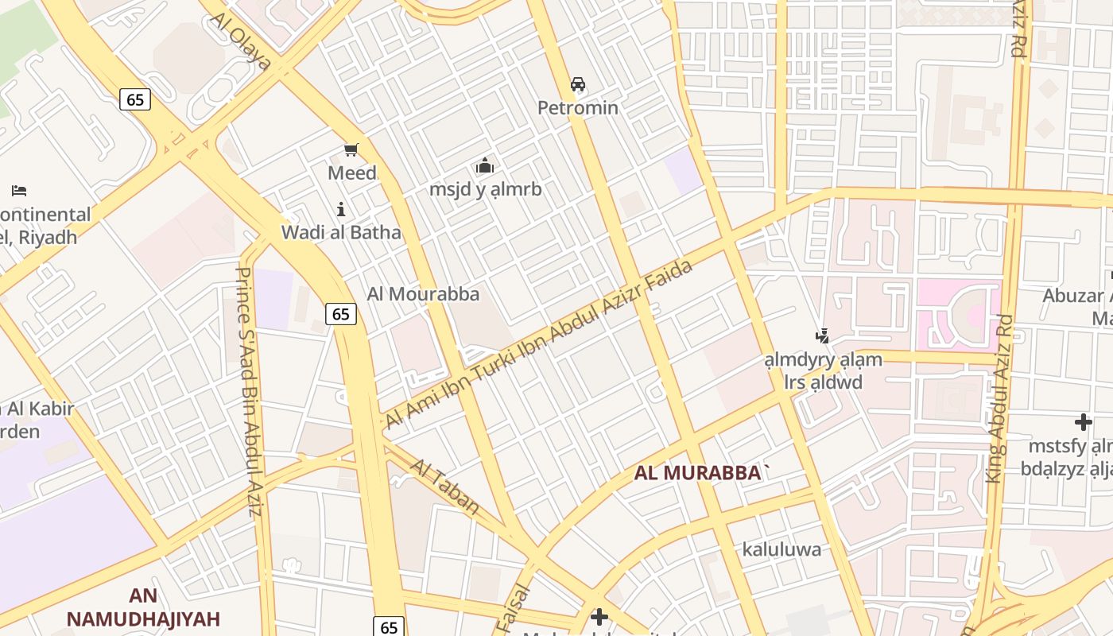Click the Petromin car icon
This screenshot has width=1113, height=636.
coord(578,84)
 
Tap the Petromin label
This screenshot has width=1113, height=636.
coord(578,107)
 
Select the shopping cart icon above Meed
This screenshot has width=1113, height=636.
coord(351,149)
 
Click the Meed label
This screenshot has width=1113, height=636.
coord(352,173)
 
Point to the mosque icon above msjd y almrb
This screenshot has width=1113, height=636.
coord(484,166)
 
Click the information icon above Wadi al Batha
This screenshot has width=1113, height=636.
coord(341,210)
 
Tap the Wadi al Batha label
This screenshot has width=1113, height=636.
coord(341,233)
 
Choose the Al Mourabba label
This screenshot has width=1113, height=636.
coord(423,294)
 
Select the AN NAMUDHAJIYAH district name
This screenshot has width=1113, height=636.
coord(143,607)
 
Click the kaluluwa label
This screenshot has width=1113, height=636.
coord(781,549)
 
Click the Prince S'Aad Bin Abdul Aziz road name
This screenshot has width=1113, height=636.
coord(248,391)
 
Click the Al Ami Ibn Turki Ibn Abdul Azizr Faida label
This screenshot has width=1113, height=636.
coord(539,343)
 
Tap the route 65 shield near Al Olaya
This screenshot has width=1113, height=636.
coord(135,99)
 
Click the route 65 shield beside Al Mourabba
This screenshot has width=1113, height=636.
coord(340,314)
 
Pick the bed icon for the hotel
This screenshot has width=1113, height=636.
coord(19,191)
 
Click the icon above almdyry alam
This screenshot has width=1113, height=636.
coord(823,336)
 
